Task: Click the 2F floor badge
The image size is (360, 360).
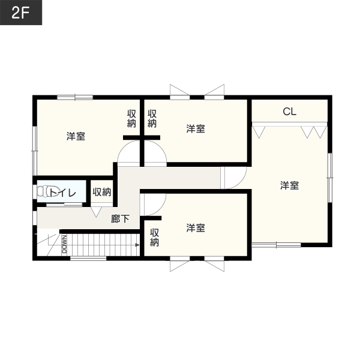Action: pyautogui.click(x=21, y=13)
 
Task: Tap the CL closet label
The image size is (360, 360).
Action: pyautogui.click(x=290, y=112)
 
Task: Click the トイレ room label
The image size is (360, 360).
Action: pyautogui.click(x=62, y=193)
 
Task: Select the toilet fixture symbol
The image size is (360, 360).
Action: pyautogui.click(x=43, y=191)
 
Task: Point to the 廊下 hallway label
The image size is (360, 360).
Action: pyautogui.click(x=121, y=219)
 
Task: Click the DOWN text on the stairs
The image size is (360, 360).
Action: pyautogui.click(x=64, y=244)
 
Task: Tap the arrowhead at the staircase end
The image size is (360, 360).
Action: pyautogui.click(x=137, y=245)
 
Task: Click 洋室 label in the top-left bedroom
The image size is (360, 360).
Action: pyautogui.click(x=76, y=136)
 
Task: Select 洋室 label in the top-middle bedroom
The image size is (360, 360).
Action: pyautogui.click(x=196, y=128)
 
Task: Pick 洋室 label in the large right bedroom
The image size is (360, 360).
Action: pyautogui.click(x=290, y=185)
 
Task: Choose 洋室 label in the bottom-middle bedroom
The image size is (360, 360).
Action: pyautogui.click(x=196, y=228)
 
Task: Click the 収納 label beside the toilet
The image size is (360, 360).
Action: pyautogui.click(x=102, y=192)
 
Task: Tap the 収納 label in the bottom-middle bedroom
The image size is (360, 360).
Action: pyautogui.click(x=154, y=238)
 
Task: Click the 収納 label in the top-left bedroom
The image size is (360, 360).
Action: pyautogui.click(x=131, y=118)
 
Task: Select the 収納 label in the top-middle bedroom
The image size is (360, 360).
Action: pyautogui.click(x=152, y=118)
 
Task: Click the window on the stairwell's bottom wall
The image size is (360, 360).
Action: pyautogui.click(x=88, y=259)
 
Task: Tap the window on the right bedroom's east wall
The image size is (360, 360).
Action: pyautogui.click(x=330, y=178)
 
